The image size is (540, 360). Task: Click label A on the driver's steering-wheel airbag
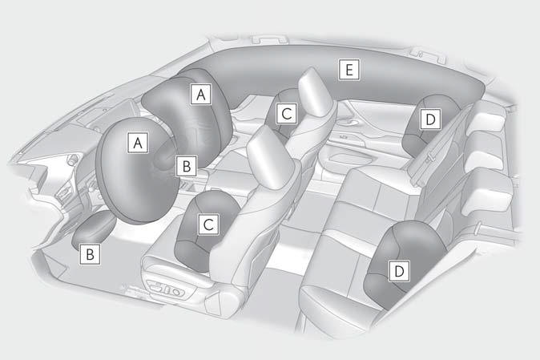coord(139,142)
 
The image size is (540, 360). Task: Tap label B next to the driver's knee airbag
coord(91,254)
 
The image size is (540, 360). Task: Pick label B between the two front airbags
coord(186,166)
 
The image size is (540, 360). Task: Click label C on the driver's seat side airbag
coord(207,224)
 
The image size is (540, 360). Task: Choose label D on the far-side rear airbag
coord(430,119)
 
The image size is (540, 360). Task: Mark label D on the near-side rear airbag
coord(398,271)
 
